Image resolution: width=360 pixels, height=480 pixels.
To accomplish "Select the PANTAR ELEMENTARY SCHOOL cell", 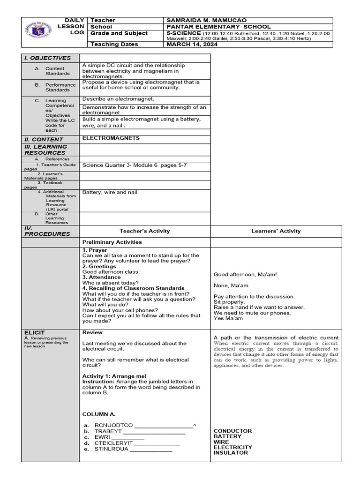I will coord(218,27).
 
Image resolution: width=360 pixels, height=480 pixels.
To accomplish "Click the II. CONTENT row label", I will coord(44,139).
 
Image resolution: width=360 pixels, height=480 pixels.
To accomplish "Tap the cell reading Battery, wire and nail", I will coord(110,192).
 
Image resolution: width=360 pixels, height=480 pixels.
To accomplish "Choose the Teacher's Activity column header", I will coord(145,231).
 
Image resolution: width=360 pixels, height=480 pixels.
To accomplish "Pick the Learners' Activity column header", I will coord(276,231).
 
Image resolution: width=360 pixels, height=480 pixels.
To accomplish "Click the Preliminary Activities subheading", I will coord(112,242).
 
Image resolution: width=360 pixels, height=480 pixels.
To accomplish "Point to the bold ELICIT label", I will coord(35,333).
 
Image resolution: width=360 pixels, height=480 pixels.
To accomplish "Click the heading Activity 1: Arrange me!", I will coord(114,376).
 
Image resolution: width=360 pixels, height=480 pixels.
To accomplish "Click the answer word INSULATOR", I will coord(231,453).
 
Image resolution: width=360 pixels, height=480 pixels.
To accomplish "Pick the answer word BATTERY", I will coord(227,436).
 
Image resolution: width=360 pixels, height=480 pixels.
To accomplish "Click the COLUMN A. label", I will coord(99,414).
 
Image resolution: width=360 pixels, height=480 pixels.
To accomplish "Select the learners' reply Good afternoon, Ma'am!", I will coord(245,274).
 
